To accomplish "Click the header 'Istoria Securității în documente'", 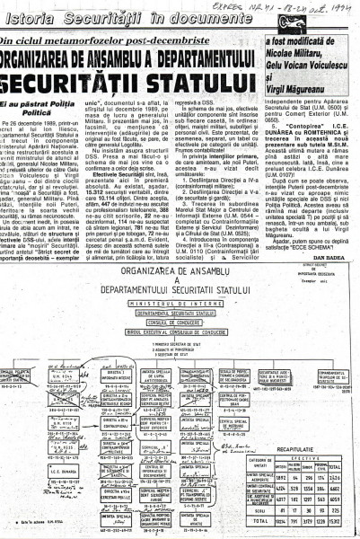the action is [99, 12].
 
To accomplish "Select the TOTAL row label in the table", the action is [265, 519].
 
